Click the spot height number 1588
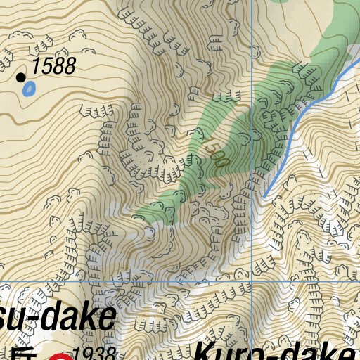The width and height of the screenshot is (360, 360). tap(53, 67)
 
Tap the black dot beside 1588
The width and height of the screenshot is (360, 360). tap(21, 77)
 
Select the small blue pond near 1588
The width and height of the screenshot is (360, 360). tap(30, 89)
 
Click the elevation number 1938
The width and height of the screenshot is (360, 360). tap(93, 354)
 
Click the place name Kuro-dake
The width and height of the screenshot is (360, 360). tap(274, 352)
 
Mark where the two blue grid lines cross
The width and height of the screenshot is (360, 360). tap(252, 282)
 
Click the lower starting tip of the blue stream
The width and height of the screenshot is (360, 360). tap(266, 195)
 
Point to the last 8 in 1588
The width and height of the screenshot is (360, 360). tap(68, 67)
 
